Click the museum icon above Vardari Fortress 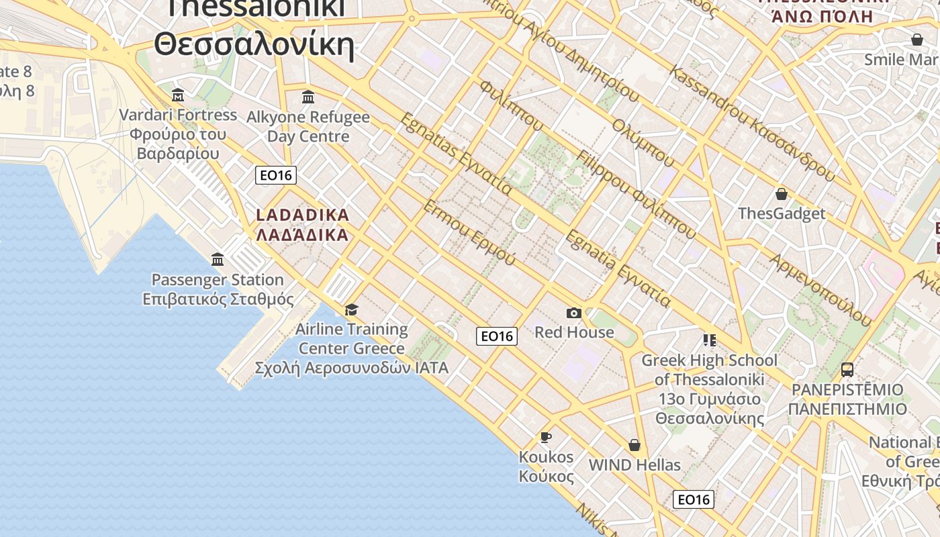[x=178, y=95]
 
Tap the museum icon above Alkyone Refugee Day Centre [x=308, y=97]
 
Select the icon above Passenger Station [x=218, y=259]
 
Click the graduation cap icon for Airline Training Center [x=351, y=309]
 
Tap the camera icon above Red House [x=573, y=313]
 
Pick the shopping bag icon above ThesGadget [x=781, y=194]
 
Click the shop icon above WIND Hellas [x=634, y=445]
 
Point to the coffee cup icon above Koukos [x=546, y=438]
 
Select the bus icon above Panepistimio [x=847, y=369]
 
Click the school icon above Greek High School [x=709, y=340]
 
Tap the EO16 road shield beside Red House [x=497, y=336]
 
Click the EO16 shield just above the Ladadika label [x=276, y=175]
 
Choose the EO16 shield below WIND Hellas [x=694, y=499]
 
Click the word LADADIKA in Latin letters [x=303, y=215]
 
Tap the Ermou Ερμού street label [x=469, y=232]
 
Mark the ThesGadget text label [x=782, y=213]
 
